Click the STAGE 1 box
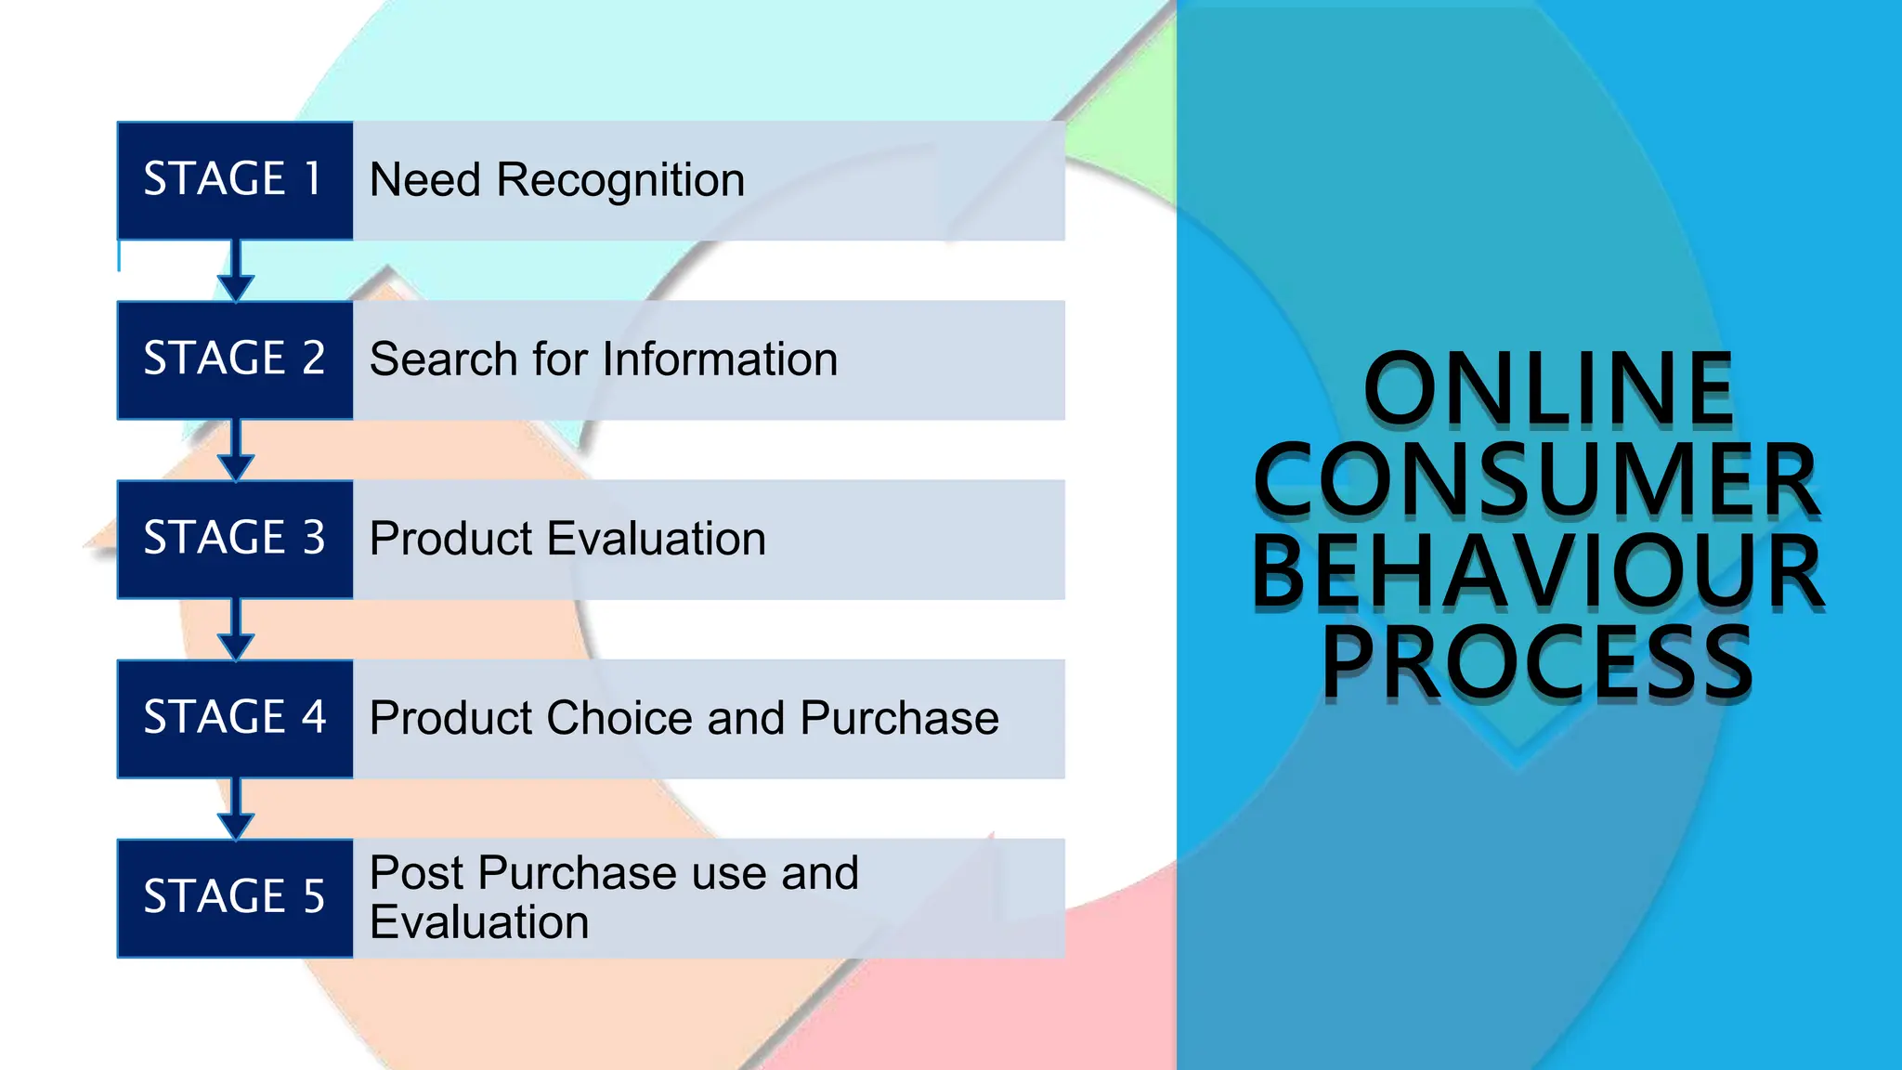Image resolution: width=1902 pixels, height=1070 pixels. (234, 180)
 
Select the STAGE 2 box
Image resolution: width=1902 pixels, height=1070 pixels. (234, 359)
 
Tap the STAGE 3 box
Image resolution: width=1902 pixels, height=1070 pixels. (234, 539)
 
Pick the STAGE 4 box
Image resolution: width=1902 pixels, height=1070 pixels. (234, 718)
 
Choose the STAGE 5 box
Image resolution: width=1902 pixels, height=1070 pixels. (234, 897)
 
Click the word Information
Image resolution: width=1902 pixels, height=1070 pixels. (724, 359)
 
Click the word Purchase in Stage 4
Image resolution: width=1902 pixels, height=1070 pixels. (899, 718)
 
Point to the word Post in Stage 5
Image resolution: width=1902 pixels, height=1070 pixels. (416, 873)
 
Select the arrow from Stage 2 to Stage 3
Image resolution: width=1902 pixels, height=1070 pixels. (236, 450)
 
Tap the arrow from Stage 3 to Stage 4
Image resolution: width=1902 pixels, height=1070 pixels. (236, 630)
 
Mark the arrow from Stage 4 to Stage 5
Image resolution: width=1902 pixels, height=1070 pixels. (236, 809)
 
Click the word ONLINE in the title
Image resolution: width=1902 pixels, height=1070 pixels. (1548, 389)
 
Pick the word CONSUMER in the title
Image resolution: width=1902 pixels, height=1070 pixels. (1537, 480)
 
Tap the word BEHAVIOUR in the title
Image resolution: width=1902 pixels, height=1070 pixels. (1537, 572)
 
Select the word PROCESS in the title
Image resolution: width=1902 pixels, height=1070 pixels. (1537, 663)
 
